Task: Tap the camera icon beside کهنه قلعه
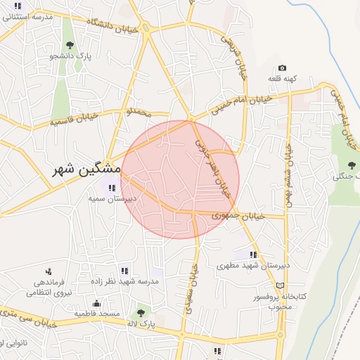point(283,68)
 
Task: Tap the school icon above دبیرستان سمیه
point(111,188)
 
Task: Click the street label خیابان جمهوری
point(240,215)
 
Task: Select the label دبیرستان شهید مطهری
point(244,266)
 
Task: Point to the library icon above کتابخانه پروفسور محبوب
point(281,286)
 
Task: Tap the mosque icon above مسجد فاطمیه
point(96,303)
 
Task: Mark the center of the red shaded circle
point(180,179)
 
